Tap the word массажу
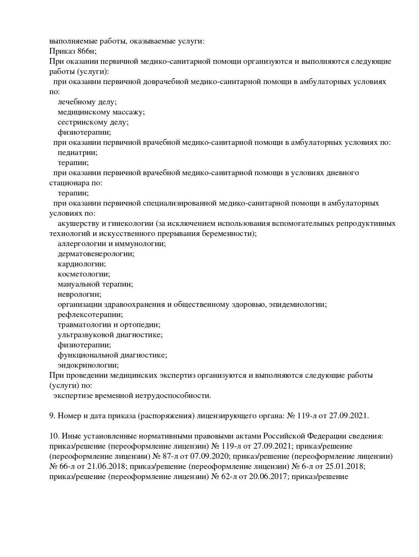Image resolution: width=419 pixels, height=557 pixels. (128, 112)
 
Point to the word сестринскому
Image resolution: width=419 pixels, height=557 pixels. (82, 122)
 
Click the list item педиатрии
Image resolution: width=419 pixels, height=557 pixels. (77, 153)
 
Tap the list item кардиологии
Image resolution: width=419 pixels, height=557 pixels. (81, 264)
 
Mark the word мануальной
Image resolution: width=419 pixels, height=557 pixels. (79, 284)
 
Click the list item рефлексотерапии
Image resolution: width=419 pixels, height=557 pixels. (90, 315)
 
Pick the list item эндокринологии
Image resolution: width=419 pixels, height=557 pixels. (88, 365)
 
